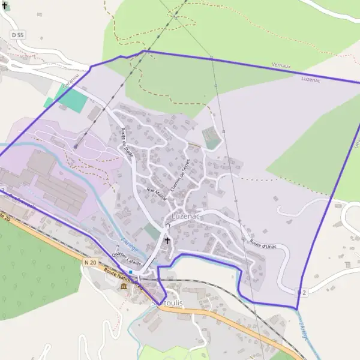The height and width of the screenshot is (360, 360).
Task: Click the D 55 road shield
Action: click(17, 35)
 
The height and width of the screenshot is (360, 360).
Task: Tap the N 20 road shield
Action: click(91, 262)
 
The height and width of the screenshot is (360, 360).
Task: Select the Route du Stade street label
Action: click(127, 144)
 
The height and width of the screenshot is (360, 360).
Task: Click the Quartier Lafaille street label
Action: click(126, 258)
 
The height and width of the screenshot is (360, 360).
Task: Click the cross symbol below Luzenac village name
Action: click(167, 240)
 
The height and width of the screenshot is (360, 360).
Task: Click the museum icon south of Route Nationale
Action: click(124, 286)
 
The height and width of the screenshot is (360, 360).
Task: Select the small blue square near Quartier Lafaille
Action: click(130, 272)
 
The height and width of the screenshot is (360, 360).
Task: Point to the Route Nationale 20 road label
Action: click(124, 279)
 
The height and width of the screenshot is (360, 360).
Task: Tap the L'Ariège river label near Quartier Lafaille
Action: click(129, 245)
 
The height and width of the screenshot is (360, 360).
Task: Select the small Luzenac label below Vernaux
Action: click(311, 78)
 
